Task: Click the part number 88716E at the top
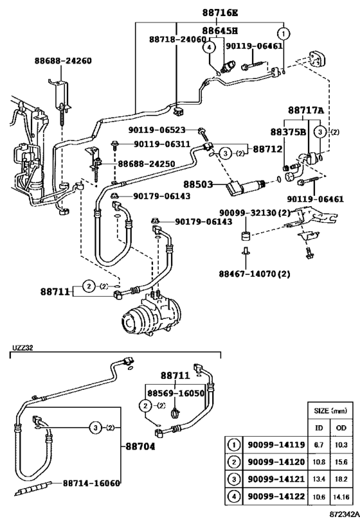220,13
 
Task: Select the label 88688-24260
63,61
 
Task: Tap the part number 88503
198,184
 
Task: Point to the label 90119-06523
157,130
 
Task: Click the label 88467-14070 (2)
255,274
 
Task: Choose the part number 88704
140,446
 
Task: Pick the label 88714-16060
91,483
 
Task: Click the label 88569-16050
176,393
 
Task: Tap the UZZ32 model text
23,348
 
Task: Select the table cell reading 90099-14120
276,462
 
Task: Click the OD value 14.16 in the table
341,497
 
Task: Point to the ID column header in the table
319,427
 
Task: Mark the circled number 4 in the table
234,496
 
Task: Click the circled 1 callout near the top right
283,33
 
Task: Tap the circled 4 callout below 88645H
209,48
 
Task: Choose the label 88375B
289,132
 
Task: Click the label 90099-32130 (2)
255,213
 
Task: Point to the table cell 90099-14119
276,445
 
